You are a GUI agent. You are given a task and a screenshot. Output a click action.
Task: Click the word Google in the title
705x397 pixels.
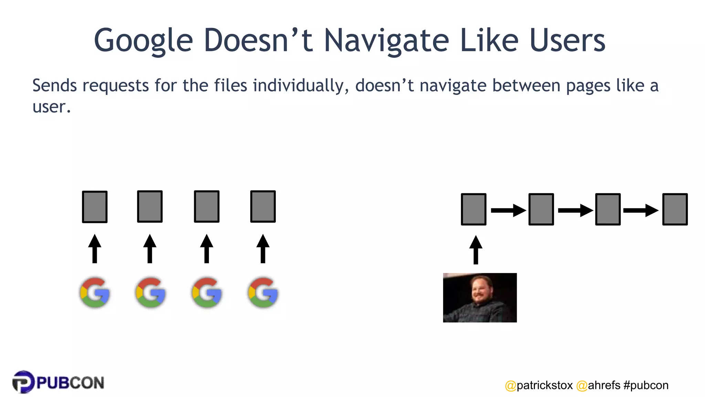click(x=143, y=41)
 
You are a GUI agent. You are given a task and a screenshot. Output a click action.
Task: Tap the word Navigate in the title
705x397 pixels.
click(x=386, y=41)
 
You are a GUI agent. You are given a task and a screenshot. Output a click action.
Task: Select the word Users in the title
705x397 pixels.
click(x=567, y=41)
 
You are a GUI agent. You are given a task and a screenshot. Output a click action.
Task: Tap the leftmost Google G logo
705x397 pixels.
click(x=95, y=293)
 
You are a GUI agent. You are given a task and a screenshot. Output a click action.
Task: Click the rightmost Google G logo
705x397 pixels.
click(x=263, y=293)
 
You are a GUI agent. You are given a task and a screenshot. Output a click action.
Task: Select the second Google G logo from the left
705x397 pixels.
click(x=150, y=293)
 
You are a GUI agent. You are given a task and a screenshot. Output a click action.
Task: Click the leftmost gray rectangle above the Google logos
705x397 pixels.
click(x=95, y=207)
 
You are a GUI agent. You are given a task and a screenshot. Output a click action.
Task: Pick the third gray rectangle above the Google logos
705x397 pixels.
click(x=207, y=206)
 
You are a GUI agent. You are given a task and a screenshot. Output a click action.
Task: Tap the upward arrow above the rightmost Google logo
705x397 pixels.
click(x=263, y=248)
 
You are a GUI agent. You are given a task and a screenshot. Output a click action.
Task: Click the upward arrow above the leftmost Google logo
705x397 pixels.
click(x=95, y=248)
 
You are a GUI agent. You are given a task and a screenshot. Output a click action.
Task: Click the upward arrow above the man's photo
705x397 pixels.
click(x=476, y=250)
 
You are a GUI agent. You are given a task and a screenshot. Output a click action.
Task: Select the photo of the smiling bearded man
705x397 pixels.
click(x=480, y=298)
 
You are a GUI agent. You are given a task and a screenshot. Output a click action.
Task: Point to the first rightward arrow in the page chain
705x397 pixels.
click(x=508, y=210)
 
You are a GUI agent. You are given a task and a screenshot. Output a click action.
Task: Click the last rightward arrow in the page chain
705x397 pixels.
click(x=641, y=210)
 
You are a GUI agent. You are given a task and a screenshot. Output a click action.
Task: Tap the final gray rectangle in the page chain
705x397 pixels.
click(x=675, y=209)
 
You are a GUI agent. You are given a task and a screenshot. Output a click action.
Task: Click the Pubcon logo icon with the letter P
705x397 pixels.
click(x=23, y=382)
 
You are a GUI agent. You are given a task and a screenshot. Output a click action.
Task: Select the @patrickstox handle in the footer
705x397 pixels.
click(x=539, y=385)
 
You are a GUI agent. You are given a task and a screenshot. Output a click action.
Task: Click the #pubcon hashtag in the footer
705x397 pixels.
click(x=646, y=385)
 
